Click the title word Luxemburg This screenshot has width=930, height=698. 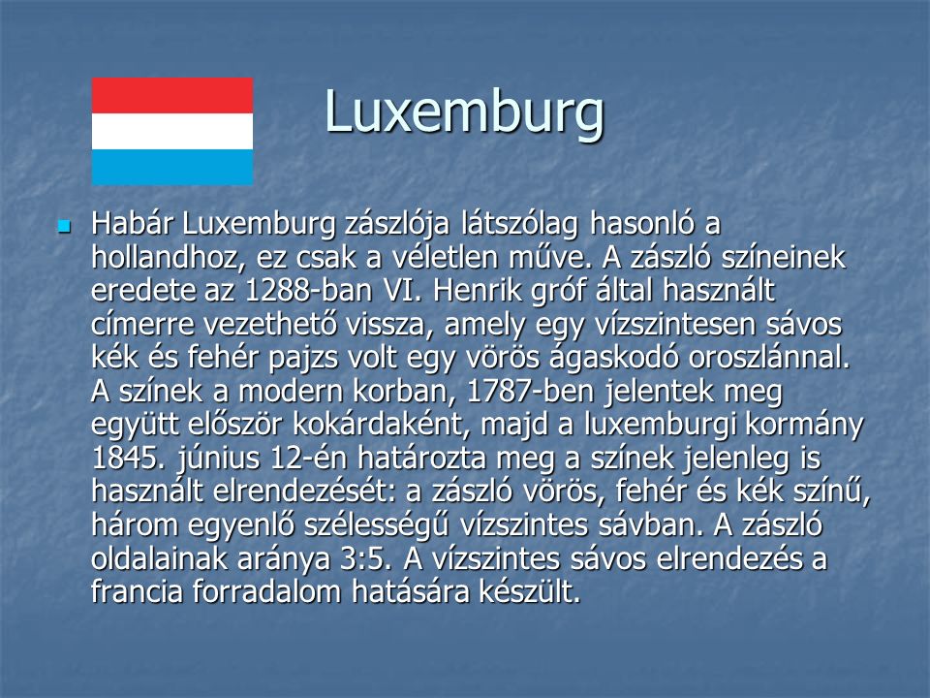tap(464, 112)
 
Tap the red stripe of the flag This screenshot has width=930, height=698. tap(172, 96)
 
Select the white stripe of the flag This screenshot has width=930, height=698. tap(172, 131)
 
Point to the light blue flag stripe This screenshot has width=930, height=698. tap(172, 167)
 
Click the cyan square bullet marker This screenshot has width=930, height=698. tap(64, 226)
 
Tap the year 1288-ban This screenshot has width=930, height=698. tap(308, 291)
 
